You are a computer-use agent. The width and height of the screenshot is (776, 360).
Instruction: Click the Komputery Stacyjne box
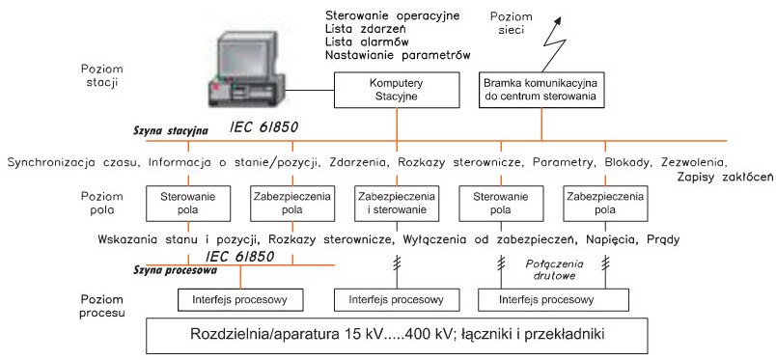(x=396, y=90)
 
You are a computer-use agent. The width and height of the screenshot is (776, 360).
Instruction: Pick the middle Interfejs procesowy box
(x=396, y=300)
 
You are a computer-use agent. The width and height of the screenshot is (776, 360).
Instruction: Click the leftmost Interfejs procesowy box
(x=240, y=300)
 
